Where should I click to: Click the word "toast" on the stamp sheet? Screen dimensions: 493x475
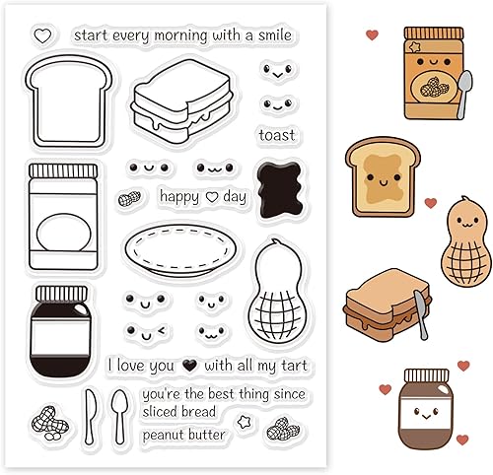coord(277,135)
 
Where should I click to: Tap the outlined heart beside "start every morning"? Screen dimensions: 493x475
coord(42,36)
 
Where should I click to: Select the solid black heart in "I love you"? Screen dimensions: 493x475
coord(189,366)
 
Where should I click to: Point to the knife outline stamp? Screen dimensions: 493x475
coord(89,416)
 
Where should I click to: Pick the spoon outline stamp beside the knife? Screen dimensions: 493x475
coord(119,416)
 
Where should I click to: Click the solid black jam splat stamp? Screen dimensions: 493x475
coord(280,189)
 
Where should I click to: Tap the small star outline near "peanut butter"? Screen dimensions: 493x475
coord(244,422)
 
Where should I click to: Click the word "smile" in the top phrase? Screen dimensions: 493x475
coord(275,35)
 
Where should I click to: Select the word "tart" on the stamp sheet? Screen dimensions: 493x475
coord(294,366)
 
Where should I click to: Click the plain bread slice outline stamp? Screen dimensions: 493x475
coord(69,101)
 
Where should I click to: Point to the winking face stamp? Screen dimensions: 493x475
coord(146,331)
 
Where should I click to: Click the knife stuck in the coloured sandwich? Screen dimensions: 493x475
coord(421,314)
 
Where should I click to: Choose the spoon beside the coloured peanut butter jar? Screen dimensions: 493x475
coord(463,95)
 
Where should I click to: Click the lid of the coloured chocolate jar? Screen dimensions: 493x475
coord(426,375)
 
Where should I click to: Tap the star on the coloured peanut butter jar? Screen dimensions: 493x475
coord(415,47)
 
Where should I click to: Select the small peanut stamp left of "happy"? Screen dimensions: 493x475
coord(129,198)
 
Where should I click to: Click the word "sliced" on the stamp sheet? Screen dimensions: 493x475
coord(157,412)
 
